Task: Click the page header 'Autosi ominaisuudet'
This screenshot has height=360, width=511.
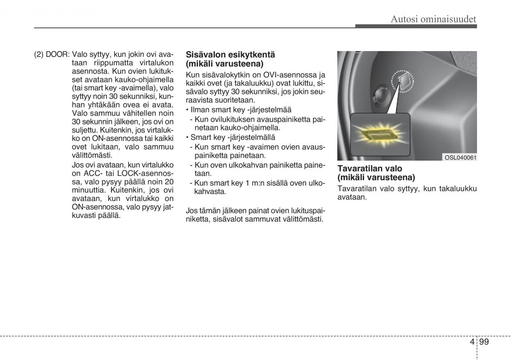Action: click(x=433, y=18)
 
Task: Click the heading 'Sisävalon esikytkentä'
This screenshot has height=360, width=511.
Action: click(x=230, y=55)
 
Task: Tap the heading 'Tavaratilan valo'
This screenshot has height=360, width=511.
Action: click(x=370, y=168)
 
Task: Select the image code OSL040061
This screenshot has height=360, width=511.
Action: click(x=460, y=158)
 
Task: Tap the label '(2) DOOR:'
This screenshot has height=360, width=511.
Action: click(x=52, y=55)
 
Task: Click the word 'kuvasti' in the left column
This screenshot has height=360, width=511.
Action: click(x=84, y=216)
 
